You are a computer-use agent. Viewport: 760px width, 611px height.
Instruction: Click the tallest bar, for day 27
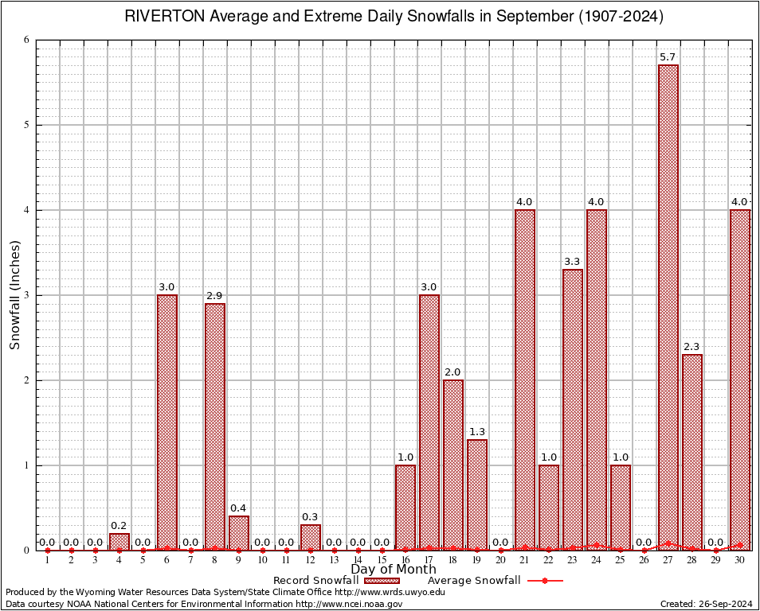[668, 306]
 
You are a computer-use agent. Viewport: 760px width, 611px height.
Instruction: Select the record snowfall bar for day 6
[167, 422]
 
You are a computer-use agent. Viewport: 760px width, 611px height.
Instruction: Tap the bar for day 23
[573, 409]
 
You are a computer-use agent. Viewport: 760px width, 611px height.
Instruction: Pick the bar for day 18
[453, 465]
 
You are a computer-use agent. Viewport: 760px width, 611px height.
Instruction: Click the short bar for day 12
[311, 537]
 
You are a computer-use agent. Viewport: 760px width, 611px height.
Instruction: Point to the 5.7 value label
[668, 56]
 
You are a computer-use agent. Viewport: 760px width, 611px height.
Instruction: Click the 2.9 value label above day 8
[215, 295]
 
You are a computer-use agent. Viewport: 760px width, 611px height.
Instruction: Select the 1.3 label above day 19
[477, 431]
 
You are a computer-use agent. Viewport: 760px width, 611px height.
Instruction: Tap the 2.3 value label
[692, 346]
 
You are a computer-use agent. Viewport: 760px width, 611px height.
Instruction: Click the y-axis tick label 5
[26, 125]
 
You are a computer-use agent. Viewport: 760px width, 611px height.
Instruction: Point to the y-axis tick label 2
[26, 380]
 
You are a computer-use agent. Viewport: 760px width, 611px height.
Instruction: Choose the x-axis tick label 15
[382, 561]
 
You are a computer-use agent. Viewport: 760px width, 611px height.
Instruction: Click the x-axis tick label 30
[740, 561]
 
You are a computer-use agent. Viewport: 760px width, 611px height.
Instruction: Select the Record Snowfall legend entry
[335, 581]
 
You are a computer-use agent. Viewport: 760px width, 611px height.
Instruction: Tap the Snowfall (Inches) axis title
[14, 295]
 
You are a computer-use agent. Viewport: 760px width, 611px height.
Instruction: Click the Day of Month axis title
[394, 570]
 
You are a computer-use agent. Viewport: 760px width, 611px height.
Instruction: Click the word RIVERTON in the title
[164, 17]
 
